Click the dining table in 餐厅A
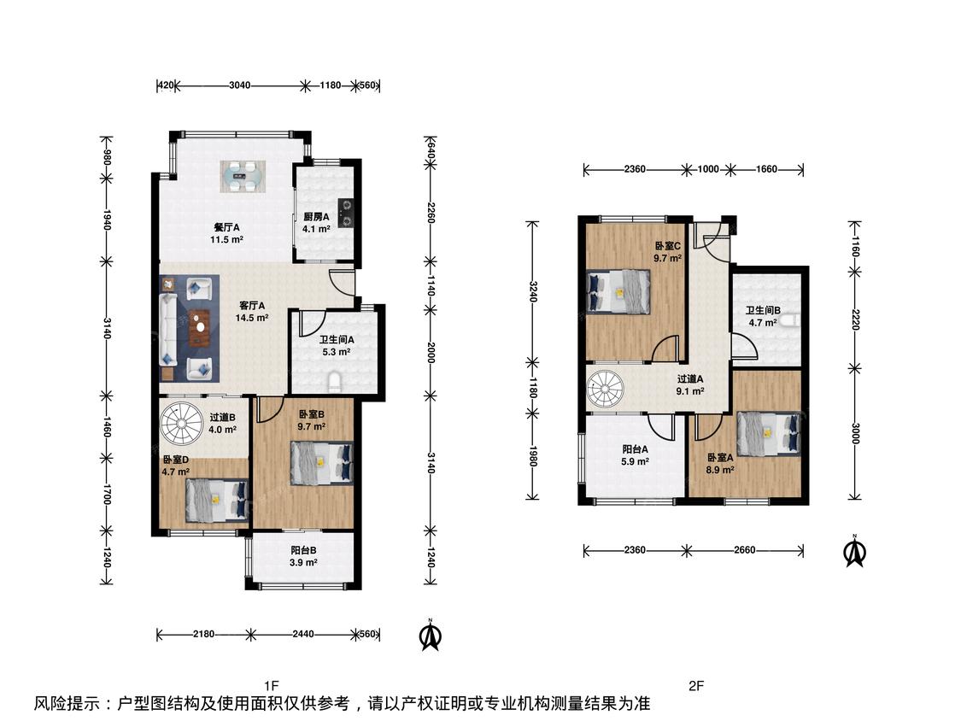pyautogui.click(x=244, y=177)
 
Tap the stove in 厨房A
pyautogui.click(x=346, y=213)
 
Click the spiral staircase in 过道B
pyautogui.click(x=181, y=425)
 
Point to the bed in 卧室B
pyautogui.click(x=322, y=464)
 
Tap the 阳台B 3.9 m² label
pyautogui.click(x=303, y=556)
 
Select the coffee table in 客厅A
pyautogui.click(x=199, y=329)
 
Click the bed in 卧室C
pyautogui.click(x=618, y=292)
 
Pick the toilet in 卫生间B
pyautogui.click(x=795, y=320)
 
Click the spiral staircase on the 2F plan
pyautogui.click(x=606, y=389)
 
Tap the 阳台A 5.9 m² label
pyautogui.click(x=635, y=455)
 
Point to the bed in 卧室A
pyautogui.click(x=769, y=434)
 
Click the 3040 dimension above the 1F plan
pyautogui.click(x=240, y=85)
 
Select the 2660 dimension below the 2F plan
pyautogui.click(x=745, y=550)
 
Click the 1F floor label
pyautogui.click(x=272, y=685)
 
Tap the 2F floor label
pyautogui.click(x=696, y=685)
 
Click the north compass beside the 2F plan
pyautogui.click(x=854, y=550)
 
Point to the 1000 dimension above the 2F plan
pyautogui.click(x=708, y=169)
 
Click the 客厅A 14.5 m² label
pyautogui.click(x=252, y=312)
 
